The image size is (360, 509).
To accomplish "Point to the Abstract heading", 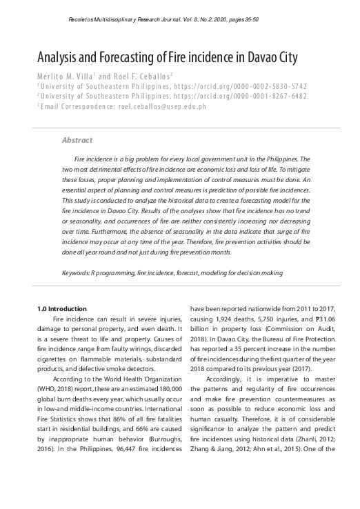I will (77, 140).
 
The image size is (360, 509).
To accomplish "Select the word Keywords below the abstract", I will (77, 273).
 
